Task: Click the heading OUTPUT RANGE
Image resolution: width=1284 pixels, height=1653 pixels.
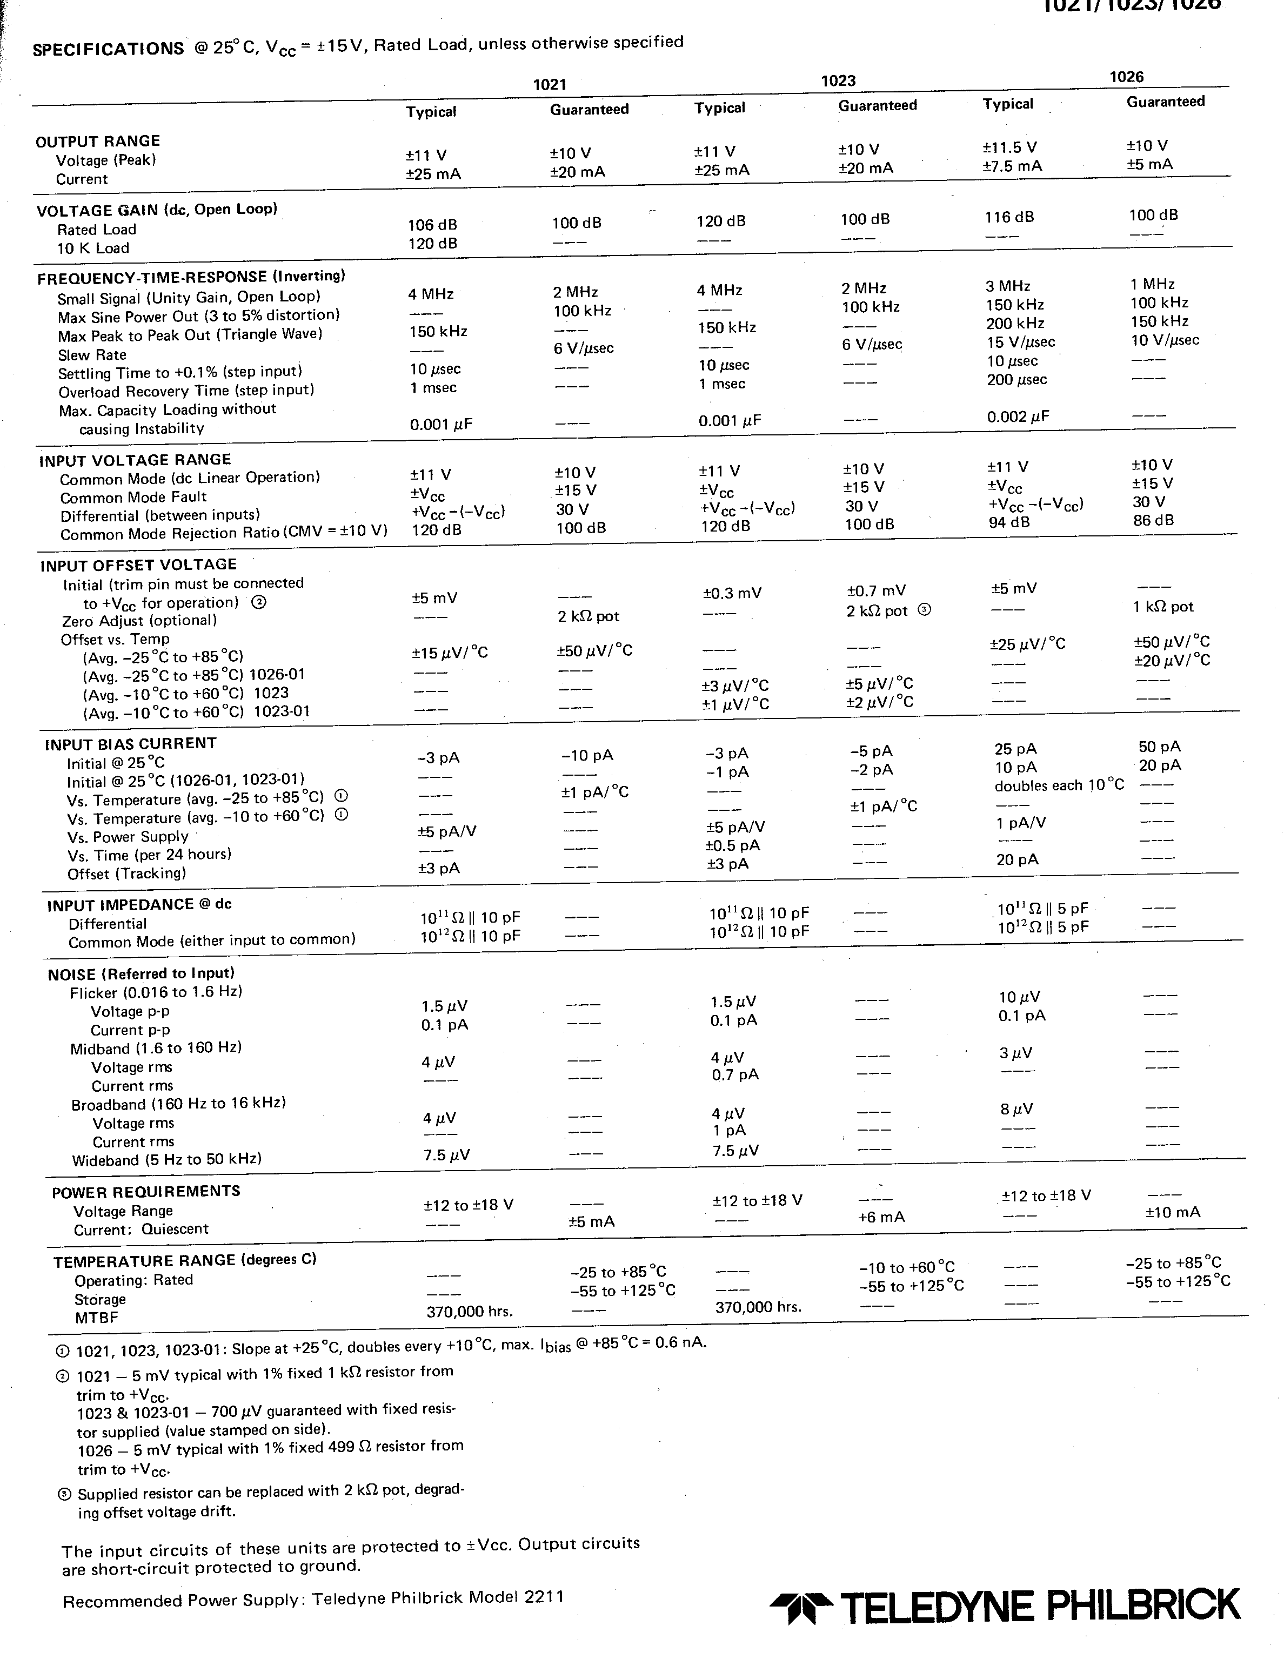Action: coord(98,142)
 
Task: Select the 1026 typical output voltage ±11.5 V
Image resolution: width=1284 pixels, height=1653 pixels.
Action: coord(1009,147)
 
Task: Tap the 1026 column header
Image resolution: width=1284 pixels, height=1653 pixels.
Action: coord(1127,77)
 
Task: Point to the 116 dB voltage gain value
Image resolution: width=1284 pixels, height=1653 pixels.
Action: coord(1009,217)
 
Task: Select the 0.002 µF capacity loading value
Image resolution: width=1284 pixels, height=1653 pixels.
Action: coord(1018,417)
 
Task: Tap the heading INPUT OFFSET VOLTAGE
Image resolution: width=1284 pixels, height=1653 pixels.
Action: coord(138,565)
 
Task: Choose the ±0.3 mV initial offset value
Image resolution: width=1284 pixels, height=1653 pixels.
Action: coord(731,593)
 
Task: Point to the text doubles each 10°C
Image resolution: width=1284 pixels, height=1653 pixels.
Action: coord(1059,785)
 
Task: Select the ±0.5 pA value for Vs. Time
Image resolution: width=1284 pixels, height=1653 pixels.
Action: coord(732,845)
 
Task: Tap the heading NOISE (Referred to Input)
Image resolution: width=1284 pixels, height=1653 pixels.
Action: coord(141,974)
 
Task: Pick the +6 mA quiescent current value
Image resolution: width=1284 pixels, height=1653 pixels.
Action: coord(881,1217)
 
